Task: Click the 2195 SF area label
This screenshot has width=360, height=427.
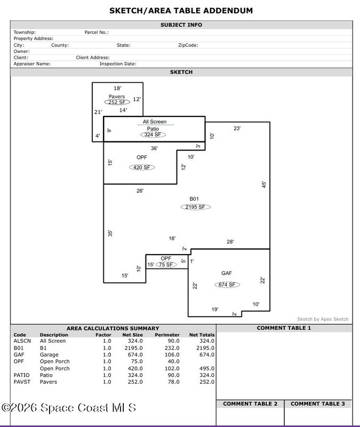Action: (195, 207)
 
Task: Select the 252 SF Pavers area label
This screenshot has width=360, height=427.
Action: (117, 102)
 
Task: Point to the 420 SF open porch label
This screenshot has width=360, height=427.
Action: (141, 167)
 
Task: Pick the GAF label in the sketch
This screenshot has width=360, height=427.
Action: (227, 273)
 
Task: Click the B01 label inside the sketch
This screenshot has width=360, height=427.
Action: (194, 199)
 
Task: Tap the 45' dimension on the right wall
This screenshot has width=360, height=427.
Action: (263, 184)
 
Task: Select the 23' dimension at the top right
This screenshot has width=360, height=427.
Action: (237, 128)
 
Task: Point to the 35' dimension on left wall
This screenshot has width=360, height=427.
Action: (110, 233)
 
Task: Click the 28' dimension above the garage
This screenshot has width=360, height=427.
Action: (230, 242)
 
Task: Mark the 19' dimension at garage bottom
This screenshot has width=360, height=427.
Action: (214, 310)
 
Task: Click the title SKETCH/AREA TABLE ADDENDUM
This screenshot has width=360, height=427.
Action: (181, 11)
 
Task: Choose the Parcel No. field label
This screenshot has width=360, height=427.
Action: (97, 32)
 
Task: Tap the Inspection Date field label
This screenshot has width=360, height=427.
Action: (118, 64)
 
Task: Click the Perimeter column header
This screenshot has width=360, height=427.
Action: (167, 335)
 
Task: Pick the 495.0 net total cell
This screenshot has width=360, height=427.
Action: (207, 368)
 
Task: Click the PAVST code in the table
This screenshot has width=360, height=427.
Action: (20, 382)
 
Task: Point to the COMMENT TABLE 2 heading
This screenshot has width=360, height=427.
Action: (250, 404)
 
